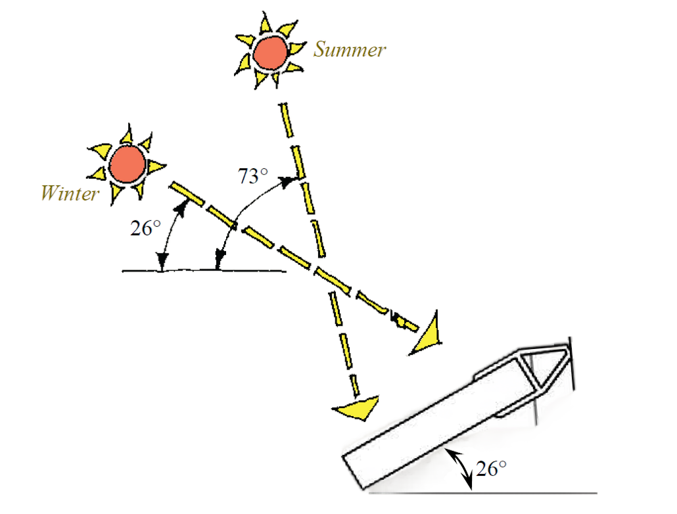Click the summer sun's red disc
(x=270, y=52)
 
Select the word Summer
(x=349, y=49)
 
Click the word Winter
(x=70, y=194)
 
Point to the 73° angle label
(x=252, y=175)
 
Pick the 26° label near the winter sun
(x=145, y=228)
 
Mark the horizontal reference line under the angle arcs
(x=204, y=270)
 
